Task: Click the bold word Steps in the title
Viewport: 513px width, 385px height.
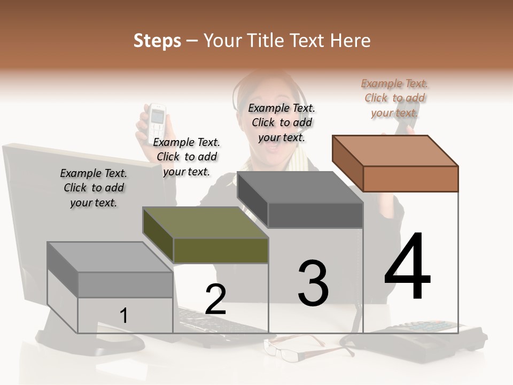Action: tap(157, 41)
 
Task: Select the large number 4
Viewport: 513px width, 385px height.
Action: tap(407, 266)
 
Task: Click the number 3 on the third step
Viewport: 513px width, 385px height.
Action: tap(313, 283)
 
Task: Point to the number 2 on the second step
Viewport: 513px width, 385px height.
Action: tap(215, 299)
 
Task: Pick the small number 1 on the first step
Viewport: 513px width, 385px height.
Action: tap(123, 315)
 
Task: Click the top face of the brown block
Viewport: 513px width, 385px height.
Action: tap(395, 151)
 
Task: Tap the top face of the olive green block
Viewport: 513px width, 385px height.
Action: tap(205, 222)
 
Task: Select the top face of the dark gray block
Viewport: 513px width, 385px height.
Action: tap(300, 187)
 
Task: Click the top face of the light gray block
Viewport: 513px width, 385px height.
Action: tap(110, 257)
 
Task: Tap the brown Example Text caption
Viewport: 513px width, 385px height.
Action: tap(394, 98)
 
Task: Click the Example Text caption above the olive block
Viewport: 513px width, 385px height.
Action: tap(186, 157)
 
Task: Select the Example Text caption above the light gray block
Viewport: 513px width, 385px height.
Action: tap(94, 188)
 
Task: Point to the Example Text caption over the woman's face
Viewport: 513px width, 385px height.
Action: tap(282, 123)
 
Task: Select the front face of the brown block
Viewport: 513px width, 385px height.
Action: tap(411, 179)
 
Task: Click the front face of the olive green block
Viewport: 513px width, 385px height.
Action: tap(221, 251)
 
